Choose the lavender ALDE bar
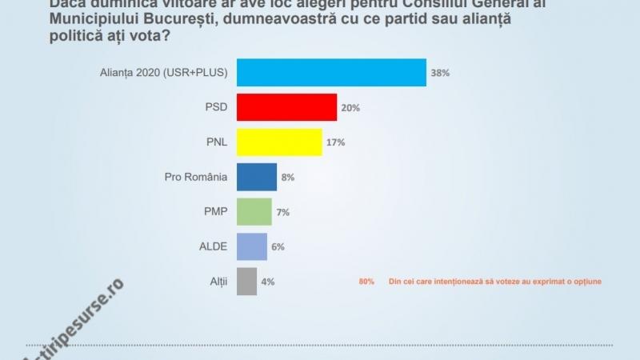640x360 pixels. coord(253,246)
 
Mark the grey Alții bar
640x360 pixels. coord(247,282)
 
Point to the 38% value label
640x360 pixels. coord(441,73)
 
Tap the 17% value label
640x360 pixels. coord(337,142)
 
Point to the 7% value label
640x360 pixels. coord(282,212)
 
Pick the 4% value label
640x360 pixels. coord(268,282)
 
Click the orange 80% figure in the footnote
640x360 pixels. coord(366,282)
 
